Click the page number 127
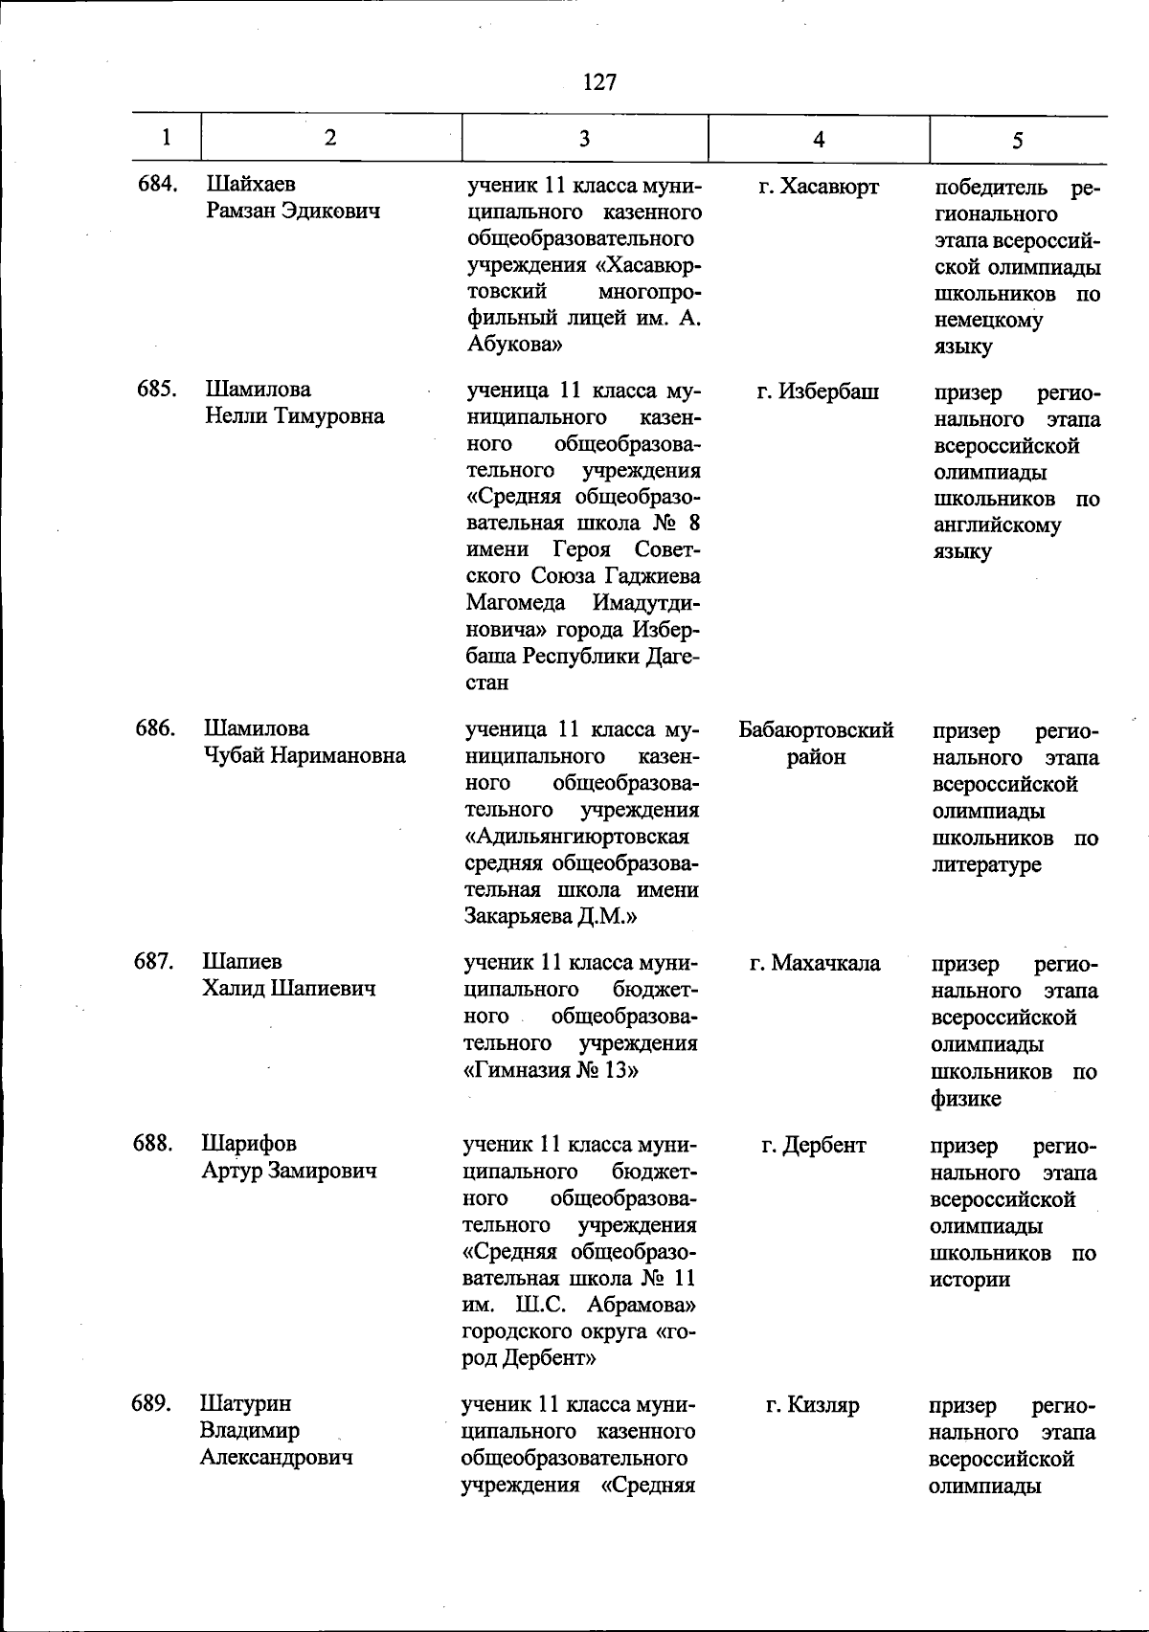pos(599,82)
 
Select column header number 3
pos(584,139)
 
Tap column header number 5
pos(1017,141)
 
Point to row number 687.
pos(154,962)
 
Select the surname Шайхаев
pos(251,184)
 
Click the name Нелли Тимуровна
pos(295,416)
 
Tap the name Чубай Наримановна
pos(304,755)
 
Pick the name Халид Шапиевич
pos(288,989)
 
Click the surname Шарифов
pos(249,1144)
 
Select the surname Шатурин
pos(246,1404)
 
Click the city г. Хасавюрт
pos(819,187)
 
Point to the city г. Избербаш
pos(818,391)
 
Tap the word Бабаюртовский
pos(816,730)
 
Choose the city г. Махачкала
pos(815,963)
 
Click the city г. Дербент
pos(814,1145)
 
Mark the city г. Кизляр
pos(813,1405)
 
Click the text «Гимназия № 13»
pos(551,1070)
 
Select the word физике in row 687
pos(966,1099)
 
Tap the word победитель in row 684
pos(990,188)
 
